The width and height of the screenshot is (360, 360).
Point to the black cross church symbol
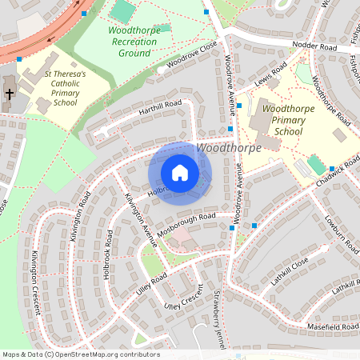coord(10,94)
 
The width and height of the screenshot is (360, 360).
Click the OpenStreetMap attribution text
coord(81,354)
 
